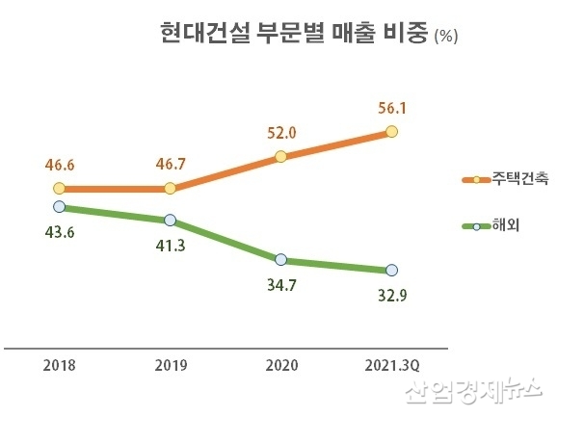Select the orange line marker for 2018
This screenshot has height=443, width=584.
(x=60, y=189)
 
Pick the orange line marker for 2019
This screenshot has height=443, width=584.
(x=170, y=189)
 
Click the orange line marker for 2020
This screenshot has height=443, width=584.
(x=280, y=156)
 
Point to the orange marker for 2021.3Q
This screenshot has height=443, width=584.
(x=391, y=131)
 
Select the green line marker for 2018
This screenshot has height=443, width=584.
(x=60, y=206)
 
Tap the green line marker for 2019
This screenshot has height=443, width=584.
(x=170, y=221)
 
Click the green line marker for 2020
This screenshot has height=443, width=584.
(x=280, y=260)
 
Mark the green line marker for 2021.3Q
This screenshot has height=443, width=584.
(x=391, y=271)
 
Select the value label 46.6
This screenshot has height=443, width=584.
(x=60, y=166)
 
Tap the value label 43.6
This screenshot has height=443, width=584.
(x=60, y=231)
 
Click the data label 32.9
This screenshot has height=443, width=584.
(x=391, y=296)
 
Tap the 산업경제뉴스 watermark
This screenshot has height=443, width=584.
(x=473, y=391)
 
